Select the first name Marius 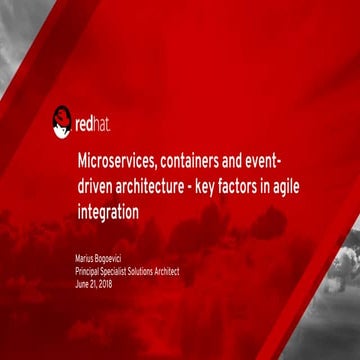click(x=87, y=259)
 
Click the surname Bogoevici click(x=116, y=260)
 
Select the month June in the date click(x=83, y=283)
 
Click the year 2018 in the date click(x=103, y=283)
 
